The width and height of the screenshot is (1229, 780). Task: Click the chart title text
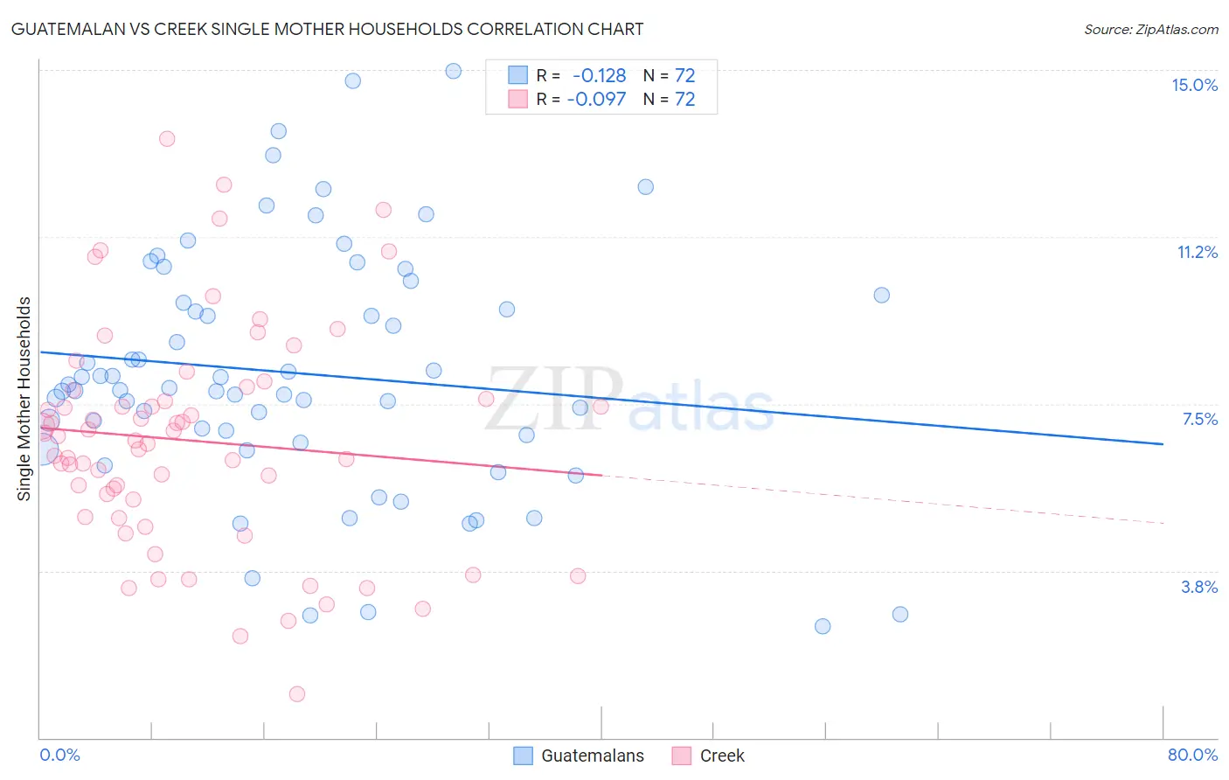tap(327, 29)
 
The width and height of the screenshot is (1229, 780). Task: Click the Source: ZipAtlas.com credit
tap(1150, 29)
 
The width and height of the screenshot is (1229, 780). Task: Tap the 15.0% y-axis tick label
tap(1194, 85)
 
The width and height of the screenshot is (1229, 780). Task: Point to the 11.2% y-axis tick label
tap(1197, 252)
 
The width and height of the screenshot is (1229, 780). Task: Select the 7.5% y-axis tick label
tap(1199, 419)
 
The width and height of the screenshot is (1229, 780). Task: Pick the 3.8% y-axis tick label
tap(1199, 587)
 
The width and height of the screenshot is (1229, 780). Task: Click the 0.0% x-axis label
tap(59, 755)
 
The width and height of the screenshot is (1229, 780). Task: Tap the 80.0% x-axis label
tap(1192, 755)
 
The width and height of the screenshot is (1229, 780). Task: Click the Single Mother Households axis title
tap(24, 399)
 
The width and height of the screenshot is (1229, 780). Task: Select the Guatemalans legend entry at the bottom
tap(579, 756)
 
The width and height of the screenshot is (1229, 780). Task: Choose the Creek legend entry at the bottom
tap(709, 756)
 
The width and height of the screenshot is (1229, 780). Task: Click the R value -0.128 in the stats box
tap(599, 75)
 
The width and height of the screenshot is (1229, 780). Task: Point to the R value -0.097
tap(596, 99)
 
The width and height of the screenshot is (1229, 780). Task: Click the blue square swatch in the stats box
tap(518, 75)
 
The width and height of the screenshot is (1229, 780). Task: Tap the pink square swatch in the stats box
tap(518, 99)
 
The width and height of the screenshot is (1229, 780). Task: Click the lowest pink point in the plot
tap(296, 694)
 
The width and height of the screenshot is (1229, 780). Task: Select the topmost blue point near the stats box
tap(453, 71)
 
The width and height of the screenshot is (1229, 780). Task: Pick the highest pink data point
tap(167, 138)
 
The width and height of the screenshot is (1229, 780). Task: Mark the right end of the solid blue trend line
tap(1163, 444)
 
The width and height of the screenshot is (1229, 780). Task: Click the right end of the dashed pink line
tap(1163, 523)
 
